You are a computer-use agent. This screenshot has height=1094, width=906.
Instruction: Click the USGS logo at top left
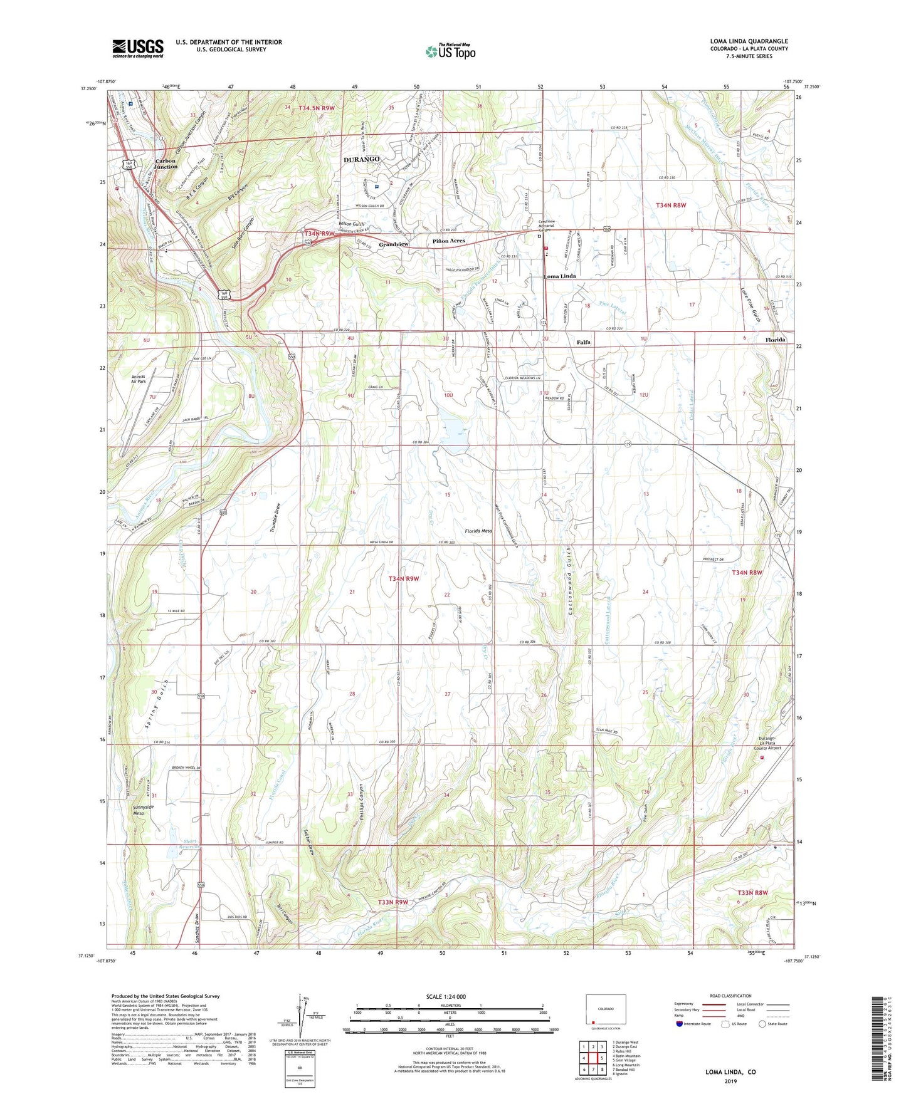pos(137,48)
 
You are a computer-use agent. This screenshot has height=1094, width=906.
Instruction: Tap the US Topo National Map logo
pos(450,51)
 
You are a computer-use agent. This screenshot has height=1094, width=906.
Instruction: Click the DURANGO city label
pos(362,160)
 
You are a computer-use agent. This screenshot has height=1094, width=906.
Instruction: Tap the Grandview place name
pos(393,244)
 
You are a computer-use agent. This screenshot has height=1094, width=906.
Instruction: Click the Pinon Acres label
pos(449,241)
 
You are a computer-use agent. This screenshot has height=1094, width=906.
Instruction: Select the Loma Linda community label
pos(559,276)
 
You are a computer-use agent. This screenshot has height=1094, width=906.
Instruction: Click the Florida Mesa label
pos(478,531)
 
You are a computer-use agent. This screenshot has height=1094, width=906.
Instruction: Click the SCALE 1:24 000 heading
pos(446,996)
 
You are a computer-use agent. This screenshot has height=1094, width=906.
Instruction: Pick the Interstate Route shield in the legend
pos(680,1024)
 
